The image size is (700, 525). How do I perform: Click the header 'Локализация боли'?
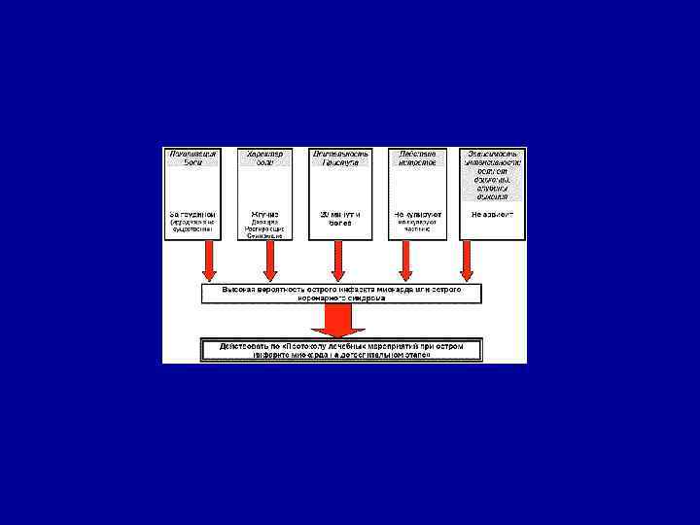point(192,157)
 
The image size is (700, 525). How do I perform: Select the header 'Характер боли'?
point(264,157)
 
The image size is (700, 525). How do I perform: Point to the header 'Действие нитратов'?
point(417,157)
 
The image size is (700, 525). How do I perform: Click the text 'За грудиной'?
point(192,213)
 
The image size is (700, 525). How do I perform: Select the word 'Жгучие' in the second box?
point(264,213)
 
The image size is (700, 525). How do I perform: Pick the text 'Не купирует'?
point(417,213)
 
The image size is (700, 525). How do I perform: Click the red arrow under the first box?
point(209,262)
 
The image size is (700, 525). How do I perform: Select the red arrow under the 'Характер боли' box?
point(270,262)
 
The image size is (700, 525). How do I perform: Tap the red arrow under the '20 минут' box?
point(338,262)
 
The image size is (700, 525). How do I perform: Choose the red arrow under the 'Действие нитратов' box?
point(406,262)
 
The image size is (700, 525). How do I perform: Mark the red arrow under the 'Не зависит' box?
point(467,262)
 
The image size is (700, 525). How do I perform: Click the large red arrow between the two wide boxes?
point(339,319)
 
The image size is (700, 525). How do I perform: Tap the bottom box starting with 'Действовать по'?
point(339,350)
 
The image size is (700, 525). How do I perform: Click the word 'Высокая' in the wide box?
point(239,289)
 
